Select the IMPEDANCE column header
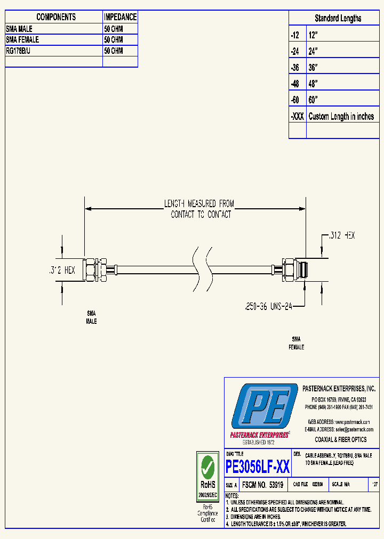point(120,17)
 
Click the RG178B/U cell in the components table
point(53,51)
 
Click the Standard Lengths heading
point(338,18)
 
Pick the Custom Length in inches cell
point(341,117)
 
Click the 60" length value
point(313,100)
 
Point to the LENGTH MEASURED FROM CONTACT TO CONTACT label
point(201,209)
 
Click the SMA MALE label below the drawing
point(92,318)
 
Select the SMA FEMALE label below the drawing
point(296,342)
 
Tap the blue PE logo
point(264,405)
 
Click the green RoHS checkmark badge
point(207,469)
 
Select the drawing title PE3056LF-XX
point(258,467)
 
